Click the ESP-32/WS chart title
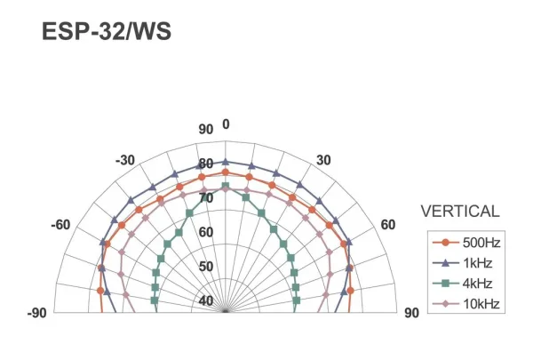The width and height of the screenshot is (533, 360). (107, 32)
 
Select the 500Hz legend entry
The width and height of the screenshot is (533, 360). (466, 243)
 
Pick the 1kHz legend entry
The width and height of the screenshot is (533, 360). (462, 263)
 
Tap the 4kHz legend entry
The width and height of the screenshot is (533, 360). (462, 283)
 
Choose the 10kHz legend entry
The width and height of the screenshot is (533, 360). (466, 303)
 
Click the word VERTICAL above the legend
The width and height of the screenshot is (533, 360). (460, 212)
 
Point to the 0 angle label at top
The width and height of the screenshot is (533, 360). (226, 124)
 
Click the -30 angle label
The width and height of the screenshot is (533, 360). (125, 160)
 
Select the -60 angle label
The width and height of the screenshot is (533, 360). (60, 225)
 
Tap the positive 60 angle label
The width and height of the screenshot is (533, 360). (388, 225)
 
